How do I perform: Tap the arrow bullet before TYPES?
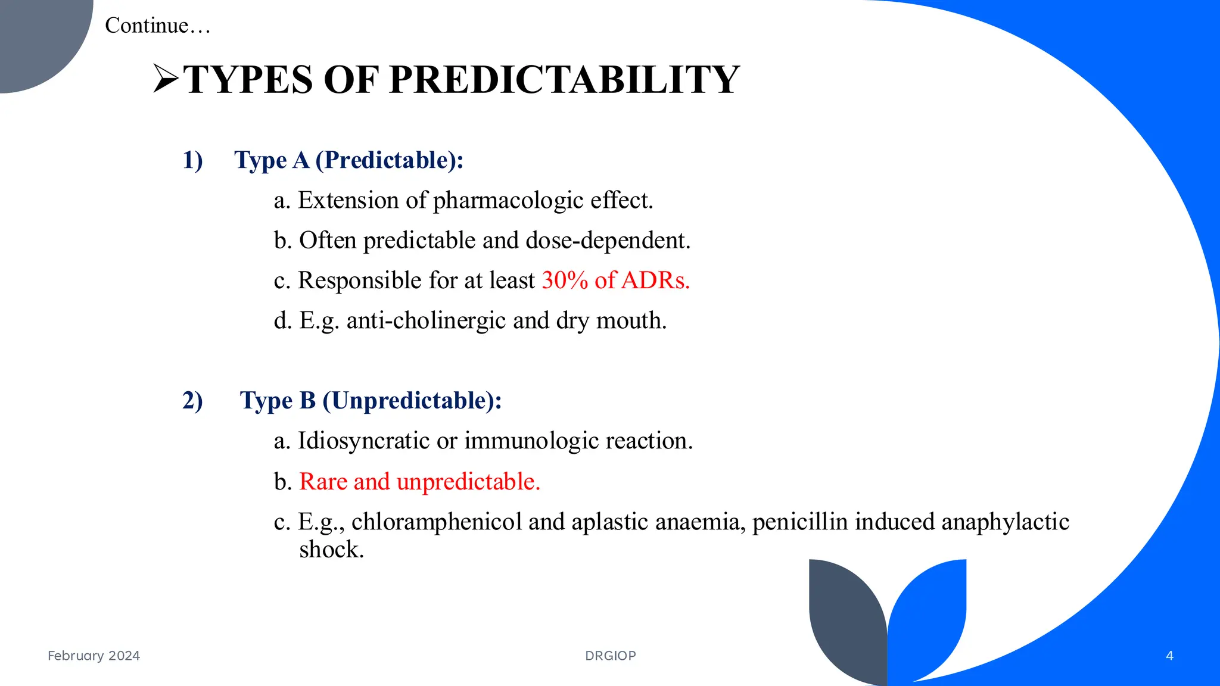pos(166,79)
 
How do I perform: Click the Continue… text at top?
pos(158,26)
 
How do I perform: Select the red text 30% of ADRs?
pos(615,280)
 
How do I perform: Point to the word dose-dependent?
pos(608,241)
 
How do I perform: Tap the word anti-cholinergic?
pos(426,321)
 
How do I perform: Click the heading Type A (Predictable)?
pos(348,160)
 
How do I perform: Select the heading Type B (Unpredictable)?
pos(371,401)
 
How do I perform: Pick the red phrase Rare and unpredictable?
pos(419,482)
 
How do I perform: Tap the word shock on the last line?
pos(331,550)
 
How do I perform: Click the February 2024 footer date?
pos(94,656)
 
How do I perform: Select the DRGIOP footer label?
pos(611,656)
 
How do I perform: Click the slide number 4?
pos(1169,656)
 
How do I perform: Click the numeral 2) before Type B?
pos(192,401)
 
